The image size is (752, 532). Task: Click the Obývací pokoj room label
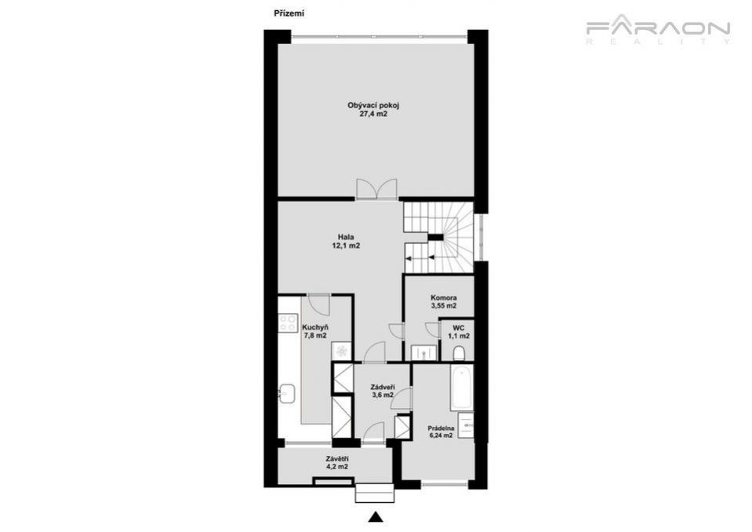coord(373,105)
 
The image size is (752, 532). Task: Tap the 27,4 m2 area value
coord(373,115)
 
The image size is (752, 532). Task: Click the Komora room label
coord(444,297)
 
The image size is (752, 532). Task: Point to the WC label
coord(459,328)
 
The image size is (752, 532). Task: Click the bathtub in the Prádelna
coord(461,388)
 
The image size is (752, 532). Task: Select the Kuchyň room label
coord(315,328)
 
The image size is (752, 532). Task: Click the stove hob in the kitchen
coord(288,322)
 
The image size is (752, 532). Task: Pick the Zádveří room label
coord(383,387)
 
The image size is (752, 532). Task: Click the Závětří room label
coord(336,458)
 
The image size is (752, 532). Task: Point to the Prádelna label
coord(441,428)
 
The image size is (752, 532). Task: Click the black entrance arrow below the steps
coord(376,516)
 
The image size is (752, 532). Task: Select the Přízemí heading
coord(289,13)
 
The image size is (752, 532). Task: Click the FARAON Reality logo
coord(658,31)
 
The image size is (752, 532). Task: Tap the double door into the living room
coord(376,188)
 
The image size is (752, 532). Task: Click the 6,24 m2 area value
coord(441,436)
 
